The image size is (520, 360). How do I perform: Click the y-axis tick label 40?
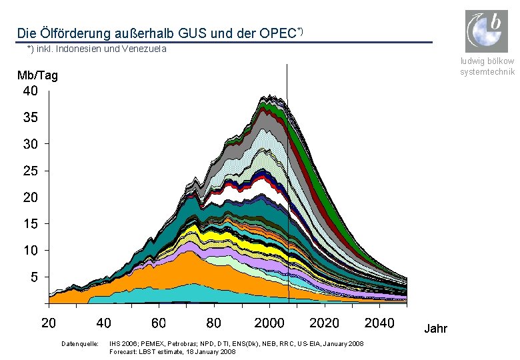coord(31,91)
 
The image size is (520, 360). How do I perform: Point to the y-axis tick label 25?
coord(31,171)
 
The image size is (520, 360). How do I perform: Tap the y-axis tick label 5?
coord(35,277)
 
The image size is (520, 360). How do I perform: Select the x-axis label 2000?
coord(269,323)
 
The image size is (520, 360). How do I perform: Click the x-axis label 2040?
coord(379,323)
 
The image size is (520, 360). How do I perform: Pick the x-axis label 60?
coord(159,323)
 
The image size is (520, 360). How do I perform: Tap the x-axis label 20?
coord(49,323)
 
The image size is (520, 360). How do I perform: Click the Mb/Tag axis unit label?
coord(37,75)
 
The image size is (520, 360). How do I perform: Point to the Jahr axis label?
coord(436,329)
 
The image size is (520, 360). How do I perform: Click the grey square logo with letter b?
coord(487,31)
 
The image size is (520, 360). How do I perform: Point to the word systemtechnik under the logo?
coord(487,71)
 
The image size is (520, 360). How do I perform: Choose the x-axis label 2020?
coord(325,323)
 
